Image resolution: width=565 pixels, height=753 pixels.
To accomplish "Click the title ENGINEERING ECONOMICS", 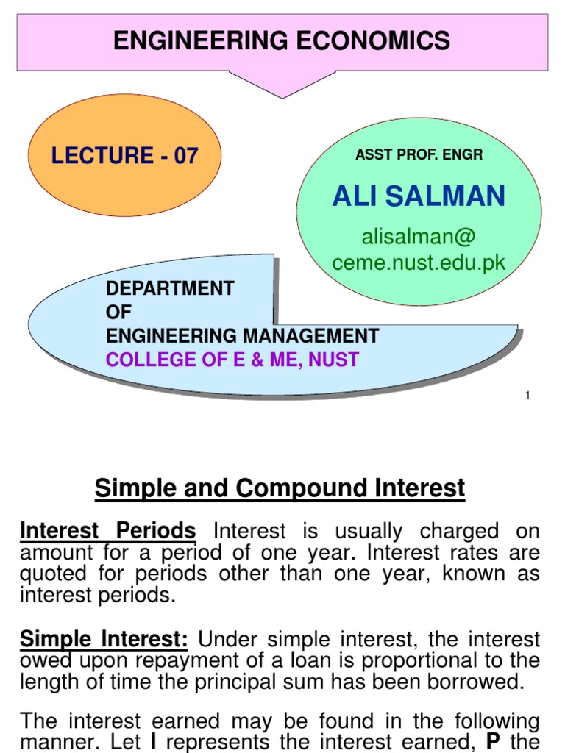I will tap(282, 40).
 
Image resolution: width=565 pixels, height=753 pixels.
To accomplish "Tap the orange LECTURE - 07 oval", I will tap(124, 155).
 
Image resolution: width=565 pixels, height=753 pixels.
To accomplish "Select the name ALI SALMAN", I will tap(419, 196).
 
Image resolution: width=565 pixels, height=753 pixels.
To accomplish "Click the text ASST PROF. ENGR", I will tap(419, 155).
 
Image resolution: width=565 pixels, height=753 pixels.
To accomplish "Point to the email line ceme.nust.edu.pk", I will tap(419, 263).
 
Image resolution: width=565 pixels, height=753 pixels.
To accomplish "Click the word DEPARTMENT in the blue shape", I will tap(170, 288).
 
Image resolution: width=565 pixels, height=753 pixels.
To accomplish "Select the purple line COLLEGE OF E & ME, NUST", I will tap(232, 360).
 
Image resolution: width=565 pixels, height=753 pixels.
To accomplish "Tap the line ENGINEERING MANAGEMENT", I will tap(243, 336).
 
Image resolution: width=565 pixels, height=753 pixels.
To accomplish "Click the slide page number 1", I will tap(527, 396).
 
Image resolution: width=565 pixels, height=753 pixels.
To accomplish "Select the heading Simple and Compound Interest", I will tap(280, 488).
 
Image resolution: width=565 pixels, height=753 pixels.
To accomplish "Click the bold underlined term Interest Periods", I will tap(107, 531).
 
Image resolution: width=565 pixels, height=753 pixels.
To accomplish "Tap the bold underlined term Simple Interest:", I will tap(104, 639).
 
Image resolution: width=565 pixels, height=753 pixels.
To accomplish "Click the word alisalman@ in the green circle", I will tap(419, 237).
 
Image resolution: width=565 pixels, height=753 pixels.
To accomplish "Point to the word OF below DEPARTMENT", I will tap(118, 312).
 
